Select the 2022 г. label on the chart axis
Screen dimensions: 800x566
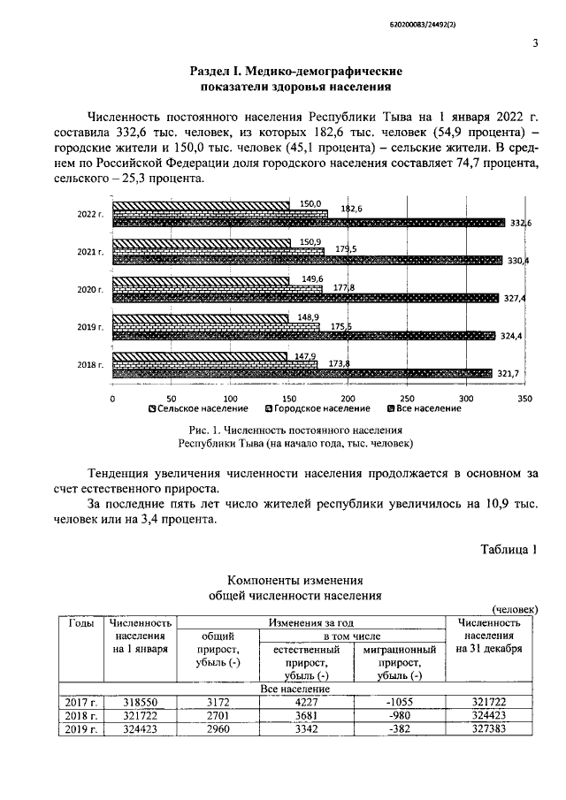[x=90, y=214]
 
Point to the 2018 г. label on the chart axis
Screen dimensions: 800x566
[x=90, y=364]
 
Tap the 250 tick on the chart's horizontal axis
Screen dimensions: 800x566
[x=408, y=398]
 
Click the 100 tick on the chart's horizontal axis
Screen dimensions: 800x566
[x=230, y=398]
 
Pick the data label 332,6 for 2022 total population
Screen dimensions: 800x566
[x=520, y=223]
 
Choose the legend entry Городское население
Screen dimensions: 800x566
[x=317, y=408]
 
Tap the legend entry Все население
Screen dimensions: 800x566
[x=424, y=408]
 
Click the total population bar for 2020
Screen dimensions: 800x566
[x=304, y=298]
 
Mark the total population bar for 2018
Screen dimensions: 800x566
[x=301, y=373]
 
